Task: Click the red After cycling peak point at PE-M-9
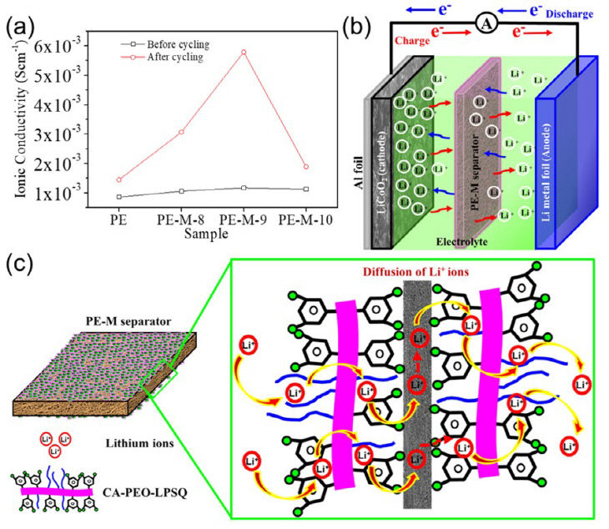[244, 53]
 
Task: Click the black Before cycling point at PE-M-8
[181, 191]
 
